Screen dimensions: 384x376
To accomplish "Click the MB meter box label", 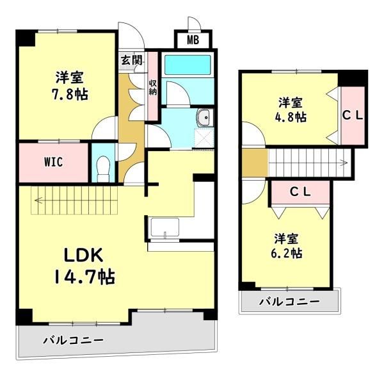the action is click(x=193, y=40).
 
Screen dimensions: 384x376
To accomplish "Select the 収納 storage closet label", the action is click(x=153, y=88).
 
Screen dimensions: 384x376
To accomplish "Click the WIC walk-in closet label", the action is click(x=53, y=162).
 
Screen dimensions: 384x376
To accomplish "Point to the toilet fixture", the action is click(x=103, y=169).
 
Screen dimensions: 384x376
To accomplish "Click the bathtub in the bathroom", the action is click(x=188, y=65).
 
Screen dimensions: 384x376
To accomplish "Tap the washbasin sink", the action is click(x=205, y=117).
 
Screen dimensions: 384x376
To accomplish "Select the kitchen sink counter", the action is click(x=165, y=228).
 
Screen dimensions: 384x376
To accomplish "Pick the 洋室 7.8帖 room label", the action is click(x=70, y=86).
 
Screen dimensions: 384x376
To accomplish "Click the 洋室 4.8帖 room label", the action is click(x=291, y=110).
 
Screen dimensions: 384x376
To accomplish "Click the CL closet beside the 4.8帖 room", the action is click(x=353, y=115).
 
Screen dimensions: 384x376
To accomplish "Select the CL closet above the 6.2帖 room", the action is click(x=300, y=192).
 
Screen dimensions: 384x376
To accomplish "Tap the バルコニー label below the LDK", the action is click(x=74, y=340).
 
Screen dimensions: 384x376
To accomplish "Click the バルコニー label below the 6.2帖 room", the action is click(x=289, y=301).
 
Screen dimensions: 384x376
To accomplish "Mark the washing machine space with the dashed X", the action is click(x=204, y=138).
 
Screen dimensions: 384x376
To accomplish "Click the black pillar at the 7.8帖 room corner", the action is click(x=26, y=38).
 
